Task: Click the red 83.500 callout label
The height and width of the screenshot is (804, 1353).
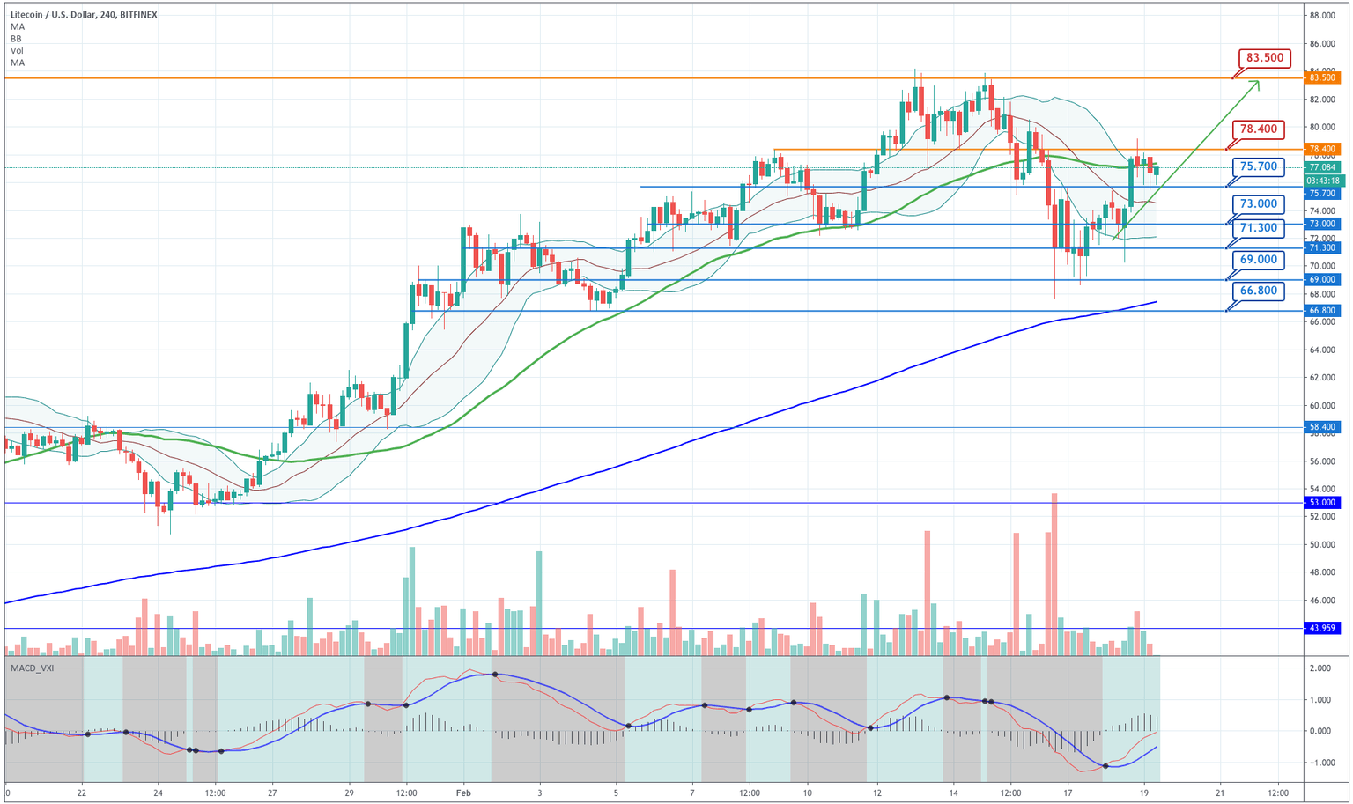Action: pos(1265,58)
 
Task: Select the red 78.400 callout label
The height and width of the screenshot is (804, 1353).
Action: pos(1258,129)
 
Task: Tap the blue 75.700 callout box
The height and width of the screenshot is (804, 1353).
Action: pos(1258,166)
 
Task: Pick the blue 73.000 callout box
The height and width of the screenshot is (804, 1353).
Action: pos(1258,203)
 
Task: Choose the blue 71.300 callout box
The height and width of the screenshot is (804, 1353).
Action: pos(1258,228)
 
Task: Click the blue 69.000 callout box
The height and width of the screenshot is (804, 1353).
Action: pos(1258,260)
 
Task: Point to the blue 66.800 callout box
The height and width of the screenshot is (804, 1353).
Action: pos(1258,291)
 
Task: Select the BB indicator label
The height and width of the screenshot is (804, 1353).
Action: pos(17,39)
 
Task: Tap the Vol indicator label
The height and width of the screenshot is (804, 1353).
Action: pos(17,51)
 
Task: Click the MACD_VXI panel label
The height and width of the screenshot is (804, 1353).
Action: pos(32,668)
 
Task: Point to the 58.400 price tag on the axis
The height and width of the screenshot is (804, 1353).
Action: pos(1323,427)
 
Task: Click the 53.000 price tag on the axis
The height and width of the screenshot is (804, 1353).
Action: pos(1323,502)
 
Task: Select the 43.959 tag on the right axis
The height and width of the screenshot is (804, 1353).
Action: pos(1323,628)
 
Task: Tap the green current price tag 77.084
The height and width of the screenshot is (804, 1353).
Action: pos(1323,167)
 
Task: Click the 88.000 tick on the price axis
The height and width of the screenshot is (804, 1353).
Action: pos(1323,16)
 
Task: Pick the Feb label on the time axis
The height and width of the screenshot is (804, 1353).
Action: pos(464,793)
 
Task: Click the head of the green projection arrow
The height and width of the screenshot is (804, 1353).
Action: pos(1257,83)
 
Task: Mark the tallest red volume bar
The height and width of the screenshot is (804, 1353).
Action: pos(1054,572)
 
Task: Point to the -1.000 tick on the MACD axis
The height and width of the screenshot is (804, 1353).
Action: pos(1319,763)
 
